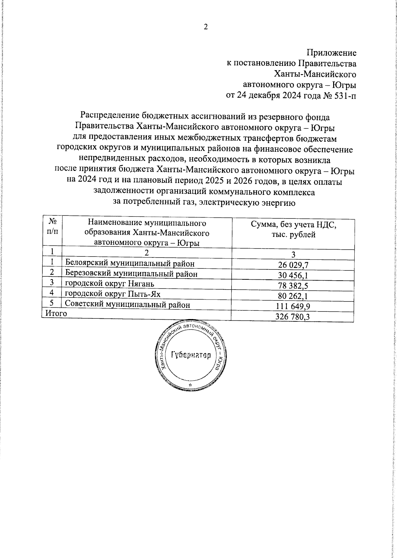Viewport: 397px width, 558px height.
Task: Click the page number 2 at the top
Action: tap(205, 27)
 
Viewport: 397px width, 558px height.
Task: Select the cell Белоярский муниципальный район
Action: tap(130, 263)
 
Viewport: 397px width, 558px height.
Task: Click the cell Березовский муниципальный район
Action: tap(131, 274)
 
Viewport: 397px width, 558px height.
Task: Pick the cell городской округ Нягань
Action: tap(110, 284)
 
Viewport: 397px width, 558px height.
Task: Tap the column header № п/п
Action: tap(52, 227)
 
